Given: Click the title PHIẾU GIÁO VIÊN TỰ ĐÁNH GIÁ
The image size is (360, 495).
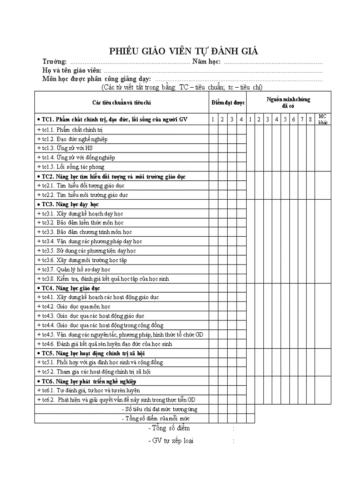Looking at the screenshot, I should tap(184, 51).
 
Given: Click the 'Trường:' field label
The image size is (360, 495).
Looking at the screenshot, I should tap(55, 61).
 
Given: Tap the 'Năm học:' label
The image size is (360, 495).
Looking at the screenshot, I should tap(206, 61).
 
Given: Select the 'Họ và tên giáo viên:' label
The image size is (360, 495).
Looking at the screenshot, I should tap(72, 70).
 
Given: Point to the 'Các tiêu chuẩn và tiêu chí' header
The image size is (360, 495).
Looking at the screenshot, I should tap(122, 103).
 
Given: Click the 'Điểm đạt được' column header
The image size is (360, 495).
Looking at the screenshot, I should tap(228, 103).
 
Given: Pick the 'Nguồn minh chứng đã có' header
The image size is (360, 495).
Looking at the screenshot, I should tap(288, 102).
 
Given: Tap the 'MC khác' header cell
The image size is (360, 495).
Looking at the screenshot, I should tap(323, 119).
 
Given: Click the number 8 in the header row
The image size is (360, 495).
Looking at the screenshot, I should tap(310, 119).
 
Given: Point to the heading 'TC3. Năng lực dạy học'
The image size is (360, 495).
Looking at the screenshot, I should tap(68, 204).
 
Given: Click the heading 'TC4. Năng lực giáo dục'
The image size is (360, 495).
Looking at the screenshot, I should tap(69, 288).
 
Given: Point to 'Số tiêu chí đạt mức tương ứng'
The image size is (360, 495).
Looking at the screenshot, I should tap(159, 409).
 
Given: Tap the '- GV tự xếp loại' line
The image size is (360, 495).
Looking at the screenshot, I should tap(171, 440).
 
